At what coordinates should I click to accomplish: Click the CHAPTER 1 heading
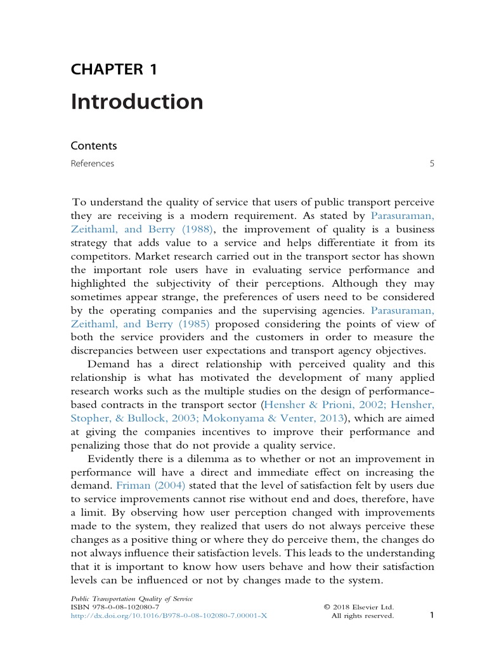coord(114,70)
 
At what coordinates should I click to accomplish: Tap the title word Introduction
coord(137,102)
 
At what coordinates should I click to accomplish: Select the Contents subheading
coord(94,145)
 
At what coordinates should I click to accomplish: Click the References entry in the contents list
coord(93,164)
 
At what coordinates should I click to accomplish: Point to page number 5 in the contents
coord(432,164)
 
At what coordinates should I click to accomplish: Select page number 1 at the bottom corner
coord(431,614)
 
